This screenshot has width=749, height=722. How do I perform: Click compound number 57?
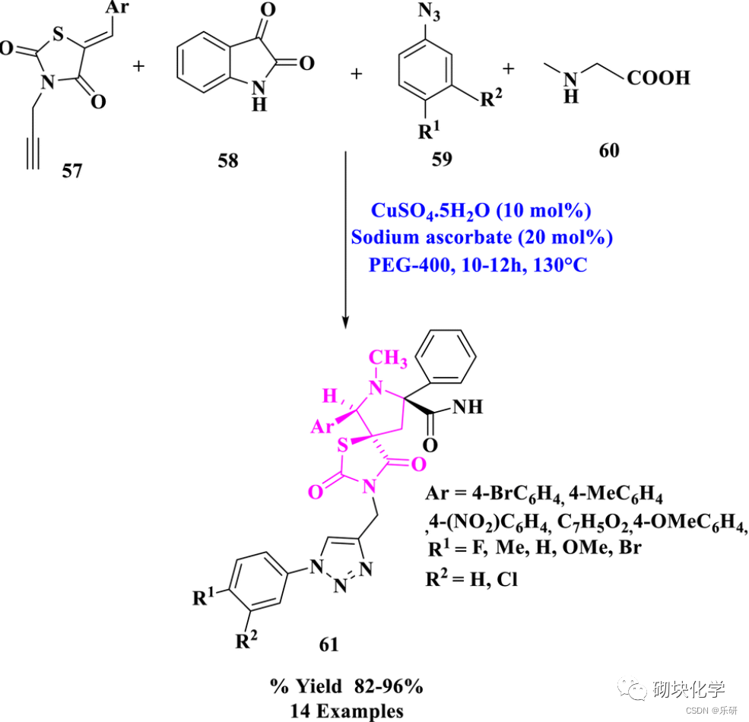click(x=73, y=170)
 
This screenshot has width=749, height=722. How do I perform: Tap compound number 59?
click(x=441, y=158)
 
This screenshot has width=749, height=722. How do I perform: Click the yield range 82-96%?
click(x=387, y=686)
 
